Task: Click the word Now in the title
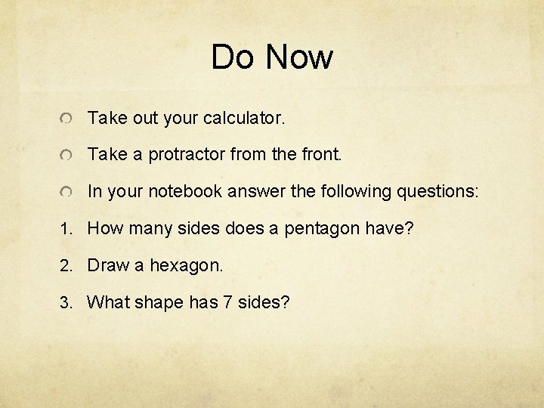(x=300, y=57)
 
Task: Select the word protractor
(x=186, y=155)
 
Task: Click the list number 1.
(x=66, y=229)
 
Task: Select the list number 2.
(x=66, y=266)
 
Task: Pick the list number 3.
(x=66, y=303)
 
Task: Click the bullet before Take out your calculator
(x=67, y=119)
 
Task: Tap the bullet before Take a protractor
(x=67, y=156)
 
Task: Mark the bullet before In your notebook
(x=67, y=193)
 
